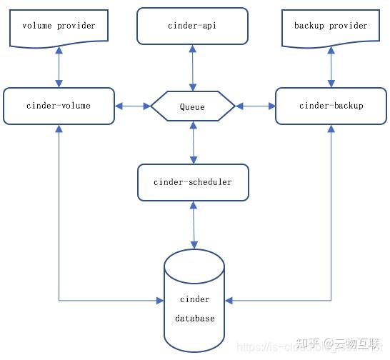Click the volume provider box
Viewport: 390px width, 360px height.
pyautogui.click(x=59, y=26)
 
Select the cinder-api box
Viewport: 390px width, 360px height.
pyautogui.click(x=192, y=26)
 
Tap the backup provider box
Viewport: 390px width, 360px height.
pyautogui.click(x=331, y=26)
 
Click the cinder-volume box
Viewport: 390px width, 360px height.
pyautogui.click(x=59, y=106)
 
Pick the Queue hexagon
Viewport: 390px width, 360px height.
pyautogui.click(x=192, y=107)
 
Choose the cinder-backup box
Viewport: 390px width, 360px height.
pyautogui.click(x=331, y=106)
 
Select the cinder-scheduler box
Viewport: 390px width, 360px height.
pyautogui.click(x=192, y=182)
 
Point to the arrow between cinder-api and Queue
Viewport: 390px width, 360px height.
pyautogui.click(x=192, y=68)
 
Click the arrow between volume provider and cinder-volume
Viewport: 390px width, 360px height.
pyautogui.click(x=59, y=69)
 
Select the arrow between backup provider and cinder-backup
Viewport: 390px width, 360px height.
pyautogui.click(x=331, y=69)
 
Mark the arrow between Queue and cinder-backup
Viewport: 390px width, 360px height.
pyautogui.click(x=255, y=106)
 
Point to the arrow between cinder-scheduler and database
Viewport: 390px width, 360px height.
pyautogui.click(x=193, y=224)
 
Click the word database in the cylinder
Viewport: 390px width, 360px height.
pyautogui.click(x=194, y=319)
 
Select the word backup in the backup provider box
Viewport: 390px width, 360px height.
pyautogui.click(x=309, y=26)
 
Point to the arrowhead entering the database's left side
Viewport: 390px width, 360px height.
pyautogui.click(x=160, y=300)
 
